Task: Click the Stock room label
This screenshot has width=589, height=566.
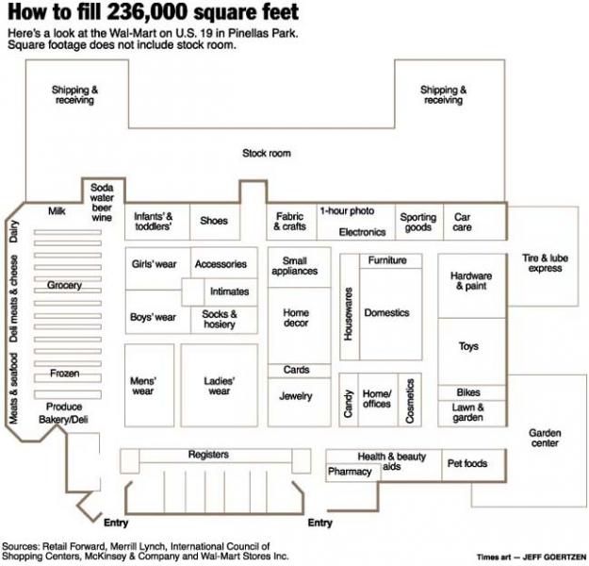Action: [x=267, y=153]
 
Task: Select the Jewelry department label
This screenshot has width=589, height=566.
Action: [x=296, y=396]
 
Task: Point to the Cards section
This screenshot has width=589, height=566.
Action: [x=300, y=371]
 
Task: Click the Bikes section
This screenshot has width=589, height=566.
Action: [x=472, y=392]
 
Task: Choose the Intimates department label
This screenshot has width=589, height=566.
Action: [x=230, y=291]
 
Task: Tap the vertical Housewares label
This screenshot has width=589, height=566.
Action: [x=348, y=314]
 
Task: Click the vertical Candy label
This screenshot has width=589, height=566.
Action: [x=348, y=404]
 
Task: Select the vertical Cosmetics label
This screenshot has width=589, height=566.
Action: [x=410, y=401]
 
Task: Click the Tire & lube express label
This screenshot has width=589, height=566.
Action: [x=545, y=263]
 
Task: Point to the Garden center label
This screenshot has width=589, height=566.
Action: [x=545, y=438]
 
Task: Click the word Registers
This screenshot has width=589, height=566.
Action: [x=208, y=455]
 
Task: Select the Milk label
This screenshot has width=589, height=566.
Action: [x=57, y=211]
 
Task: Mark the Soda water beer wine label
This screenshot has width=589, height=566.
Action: [x=102, y=202]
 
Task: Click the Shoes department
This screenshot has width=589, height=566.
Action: [x=215, y=222]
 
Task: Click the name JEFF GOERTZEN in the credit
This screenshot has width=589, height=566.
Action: [x=554, y=557]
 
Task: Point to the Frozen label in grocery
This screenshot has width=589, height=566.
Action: [x=65, y=374]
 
